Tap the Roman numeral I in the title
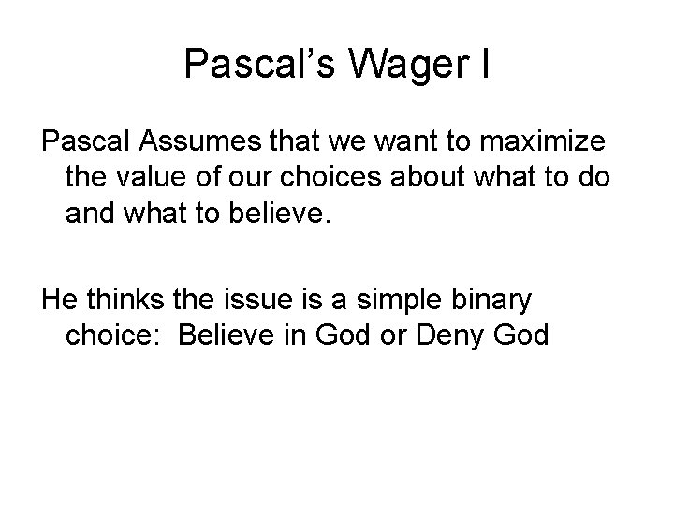click(484, 64)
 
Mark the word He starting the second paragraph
click(57, 301)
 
